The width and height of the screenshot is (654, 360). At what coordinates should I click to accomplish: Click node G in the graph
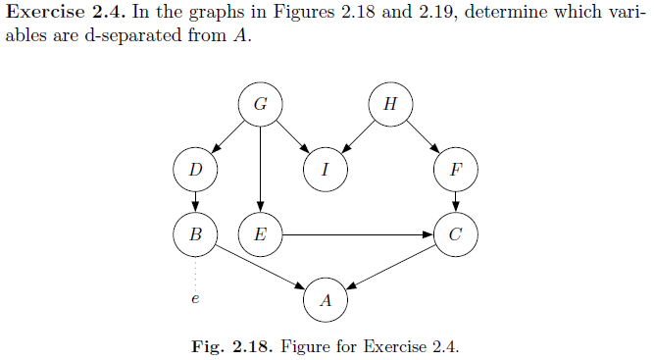261,104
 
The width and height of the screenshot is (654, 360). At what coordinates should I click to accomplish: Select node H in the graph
390,104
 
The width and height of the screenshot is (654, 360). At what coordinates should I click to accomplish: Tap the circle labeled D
196,169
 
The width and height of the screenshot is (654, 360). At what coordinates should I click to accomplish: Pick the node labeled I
326,169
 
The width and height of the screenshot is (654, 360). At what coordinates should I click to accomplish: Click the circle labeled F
455,169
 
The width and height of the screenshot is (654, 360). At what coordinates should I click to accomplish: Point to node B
196,234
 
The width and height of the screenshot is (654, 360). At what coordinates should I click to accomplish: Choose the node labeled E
261,234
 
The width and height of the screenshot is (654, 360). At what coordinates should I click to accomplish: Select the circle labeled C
455,234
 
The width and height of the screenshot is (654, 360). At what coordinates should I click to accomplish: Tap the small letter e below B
195,298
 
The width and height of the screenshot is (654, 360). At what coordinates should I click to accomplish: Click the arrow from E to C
358,234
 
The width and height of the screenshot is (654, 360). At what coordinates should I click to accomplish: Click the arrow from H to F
423,136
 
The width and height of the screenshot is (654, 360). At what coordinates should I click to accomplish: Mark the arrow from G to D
228,136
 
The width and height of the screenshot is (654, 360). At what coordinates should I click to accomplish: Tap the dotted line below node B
196,271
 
